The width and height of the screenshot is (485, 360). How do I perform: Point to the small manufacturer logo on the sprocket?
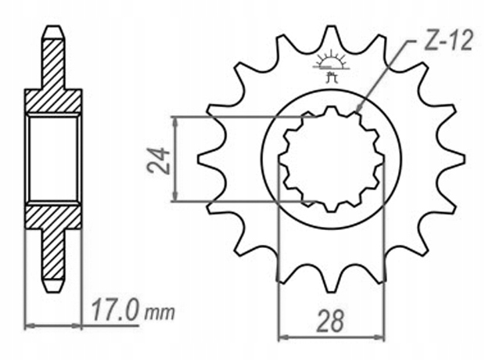coord(332,65)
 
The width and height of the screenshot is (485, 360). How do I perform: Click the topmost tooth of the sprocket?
coord(332,35)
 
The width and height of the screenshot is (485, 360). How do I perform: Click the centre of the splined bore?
coord(332,160)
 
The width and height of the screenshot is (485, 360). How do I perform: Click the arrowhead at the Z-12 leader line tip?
coord(359,109)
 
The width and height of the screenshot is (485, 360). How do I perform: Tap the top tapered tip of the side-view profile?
coord(52,32)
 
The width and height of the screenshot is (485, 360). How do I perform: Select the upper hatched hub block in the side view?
coord(53,102)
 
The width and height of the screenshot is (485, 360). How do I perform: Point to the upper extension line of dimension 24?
coord(235,117)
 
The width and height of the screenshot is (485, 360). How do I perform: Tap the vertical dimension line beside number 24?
coord(177,160)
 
